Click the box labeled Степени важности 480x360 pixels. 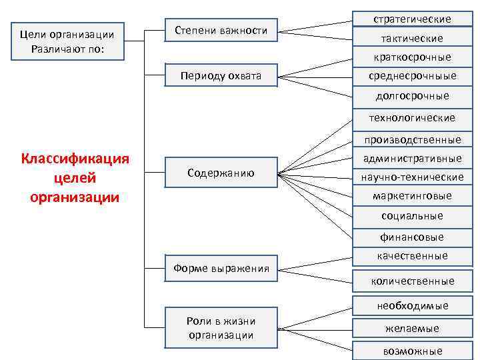click(221, 31)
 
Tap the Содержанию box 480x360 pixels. click(221, 173)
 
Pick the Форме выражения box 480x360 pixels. click(221, 269)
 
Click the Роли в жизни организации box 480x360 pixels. click(221, 328)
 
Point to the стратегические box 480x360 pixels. click(412, 19)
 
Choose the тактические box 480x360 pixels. click(412, 39)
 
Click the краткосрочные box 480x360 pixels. click(412, 57)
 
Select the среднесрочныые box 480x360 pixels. click(412, 76)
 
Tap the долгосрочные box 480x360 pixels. click(412, 96)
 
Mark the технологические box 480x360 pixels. click(412, 118)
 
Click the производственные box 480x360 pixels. click(412, 140)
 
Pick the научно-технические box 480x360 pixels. click(412, 177)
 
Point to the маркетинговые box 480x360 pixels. click(412, 196)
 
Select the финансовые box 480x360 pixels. click(412, 237)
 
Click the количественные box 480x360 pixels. click(412, 281)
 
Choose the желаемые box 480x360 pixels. click(412, 328)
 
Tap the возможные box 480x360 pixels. click(412, 351)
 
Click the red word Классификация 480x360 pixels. click(75, 159)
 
